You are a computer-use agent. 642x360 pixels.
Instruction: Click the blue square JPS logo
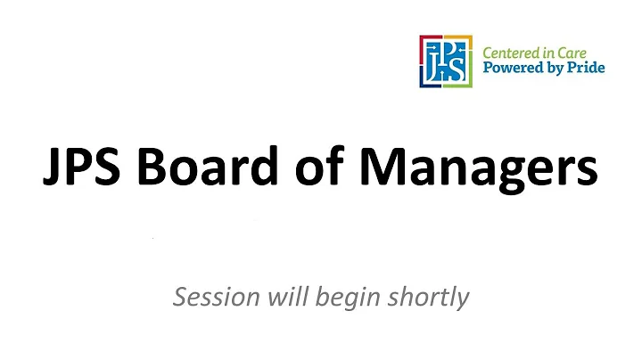click(x=446, y=61)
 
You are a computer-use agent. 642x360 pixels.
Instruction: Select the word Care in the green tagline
click(x=582, y=53)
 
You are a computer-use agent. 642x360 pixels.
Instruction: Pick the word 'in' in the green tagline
click(x=556, y=53)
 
